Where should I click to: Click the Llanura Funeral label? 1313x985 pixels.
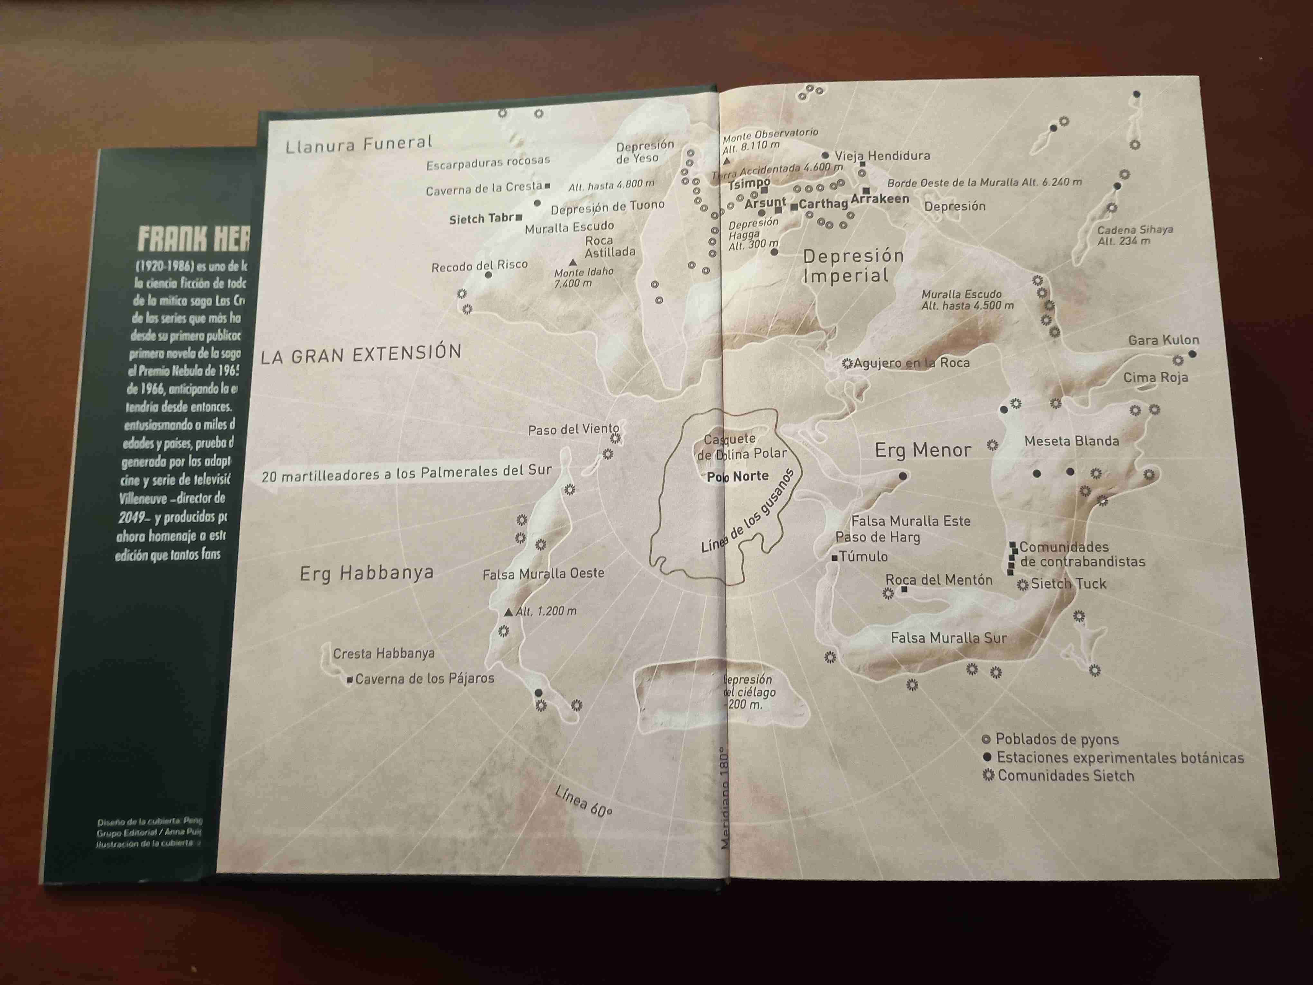[x=359, y=144]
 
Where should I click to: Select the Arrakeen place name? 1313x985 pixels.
[x=880, y=199]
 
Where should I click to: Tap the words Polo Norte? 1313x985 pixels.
[x=738, y=476]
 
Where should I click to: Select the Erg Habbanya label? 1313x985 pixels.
[x=366, y=574]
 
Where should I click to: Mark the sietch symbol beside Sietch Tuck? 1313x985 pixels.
[x=1022, y=585]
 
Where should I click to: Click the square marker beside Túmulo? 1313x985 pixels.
[x=834, y=558]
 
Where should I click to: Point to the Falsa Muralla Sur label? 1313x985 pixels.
[x=948, y=638]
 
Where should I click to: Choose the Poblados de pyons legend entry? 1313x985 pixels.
[x=1057, y=739]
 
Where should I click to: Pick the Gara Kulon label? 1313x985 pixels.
[x=1163, y=340]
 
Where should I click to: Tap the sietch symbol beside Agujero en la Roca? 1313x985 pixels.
[x=847, y=363]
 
